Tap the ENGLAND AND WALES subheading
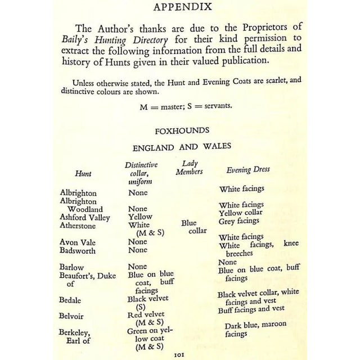click(x=178, y=147)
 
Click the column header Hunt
click(x=83, y=174)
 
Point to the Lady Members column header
click(x=189, y=167)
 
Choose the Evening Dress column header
click(x=247, y=169)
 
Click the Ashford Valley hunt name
click(x=85, y=217)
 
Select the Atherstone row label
click(x=78, y=226)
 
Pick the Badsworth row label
click(x=78, y=251)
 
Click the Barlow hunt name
click(x=71, y=267)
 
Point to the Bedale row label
click(x=71, y=300)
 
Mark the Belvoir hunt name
click(x=71, y=316)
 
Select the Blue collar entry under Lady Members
click(x=191, y=227)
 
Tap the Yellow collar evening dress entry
click(x=241, y=213)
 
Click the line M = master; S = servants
click(x=179, y=105)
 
